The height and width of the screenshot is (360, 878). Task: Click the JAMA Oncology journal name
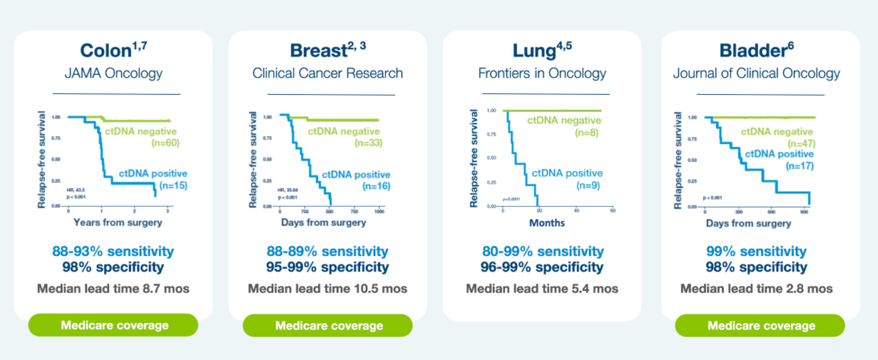116,73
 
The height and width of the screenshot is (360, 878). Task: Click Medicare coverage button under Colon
114,325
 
